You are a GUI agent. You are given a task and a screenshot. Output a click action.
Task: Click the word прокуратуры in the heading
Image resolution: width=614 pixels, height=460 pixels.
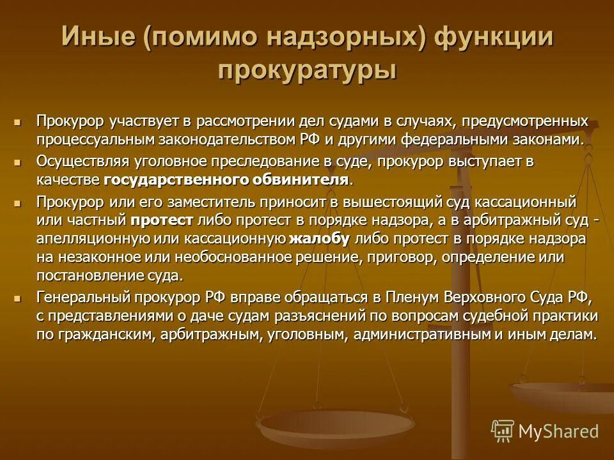[x=307, y=69]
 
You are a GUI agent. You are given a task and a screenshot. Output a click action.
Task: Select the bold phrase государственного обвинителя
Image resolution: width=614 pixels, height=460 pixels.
[x=226, y=179]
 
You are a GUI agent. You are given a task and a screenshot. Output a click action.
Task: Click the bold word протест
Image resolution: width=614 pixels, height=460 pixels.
[x=162, y=220]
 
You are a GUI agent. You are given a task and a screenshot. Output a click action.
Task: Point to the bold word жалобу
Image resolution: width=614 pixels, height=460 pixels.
[x=319, y=239]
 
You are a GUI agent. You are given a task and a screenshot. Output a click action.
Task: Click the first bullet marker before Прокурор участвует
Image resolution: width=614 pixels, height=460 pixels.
[x=18, y=121]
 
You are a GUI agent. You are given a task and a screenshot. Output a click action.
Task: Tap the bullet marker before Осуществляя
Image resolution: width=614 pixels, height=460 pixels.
[x=18, y=162]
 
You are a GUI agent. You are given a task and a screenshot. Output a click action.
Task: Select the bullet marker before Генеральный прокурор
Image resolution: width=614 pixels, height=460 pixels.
[x=18, y=298]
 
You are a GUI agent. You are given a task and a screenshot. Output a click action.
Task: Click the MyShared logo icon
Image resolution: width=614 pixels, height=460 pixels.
[x=503, y=431]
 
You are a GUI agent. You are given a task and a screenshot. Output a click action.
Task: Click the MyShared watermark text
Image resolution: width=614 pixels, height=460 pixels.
[x=558, y=431]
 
